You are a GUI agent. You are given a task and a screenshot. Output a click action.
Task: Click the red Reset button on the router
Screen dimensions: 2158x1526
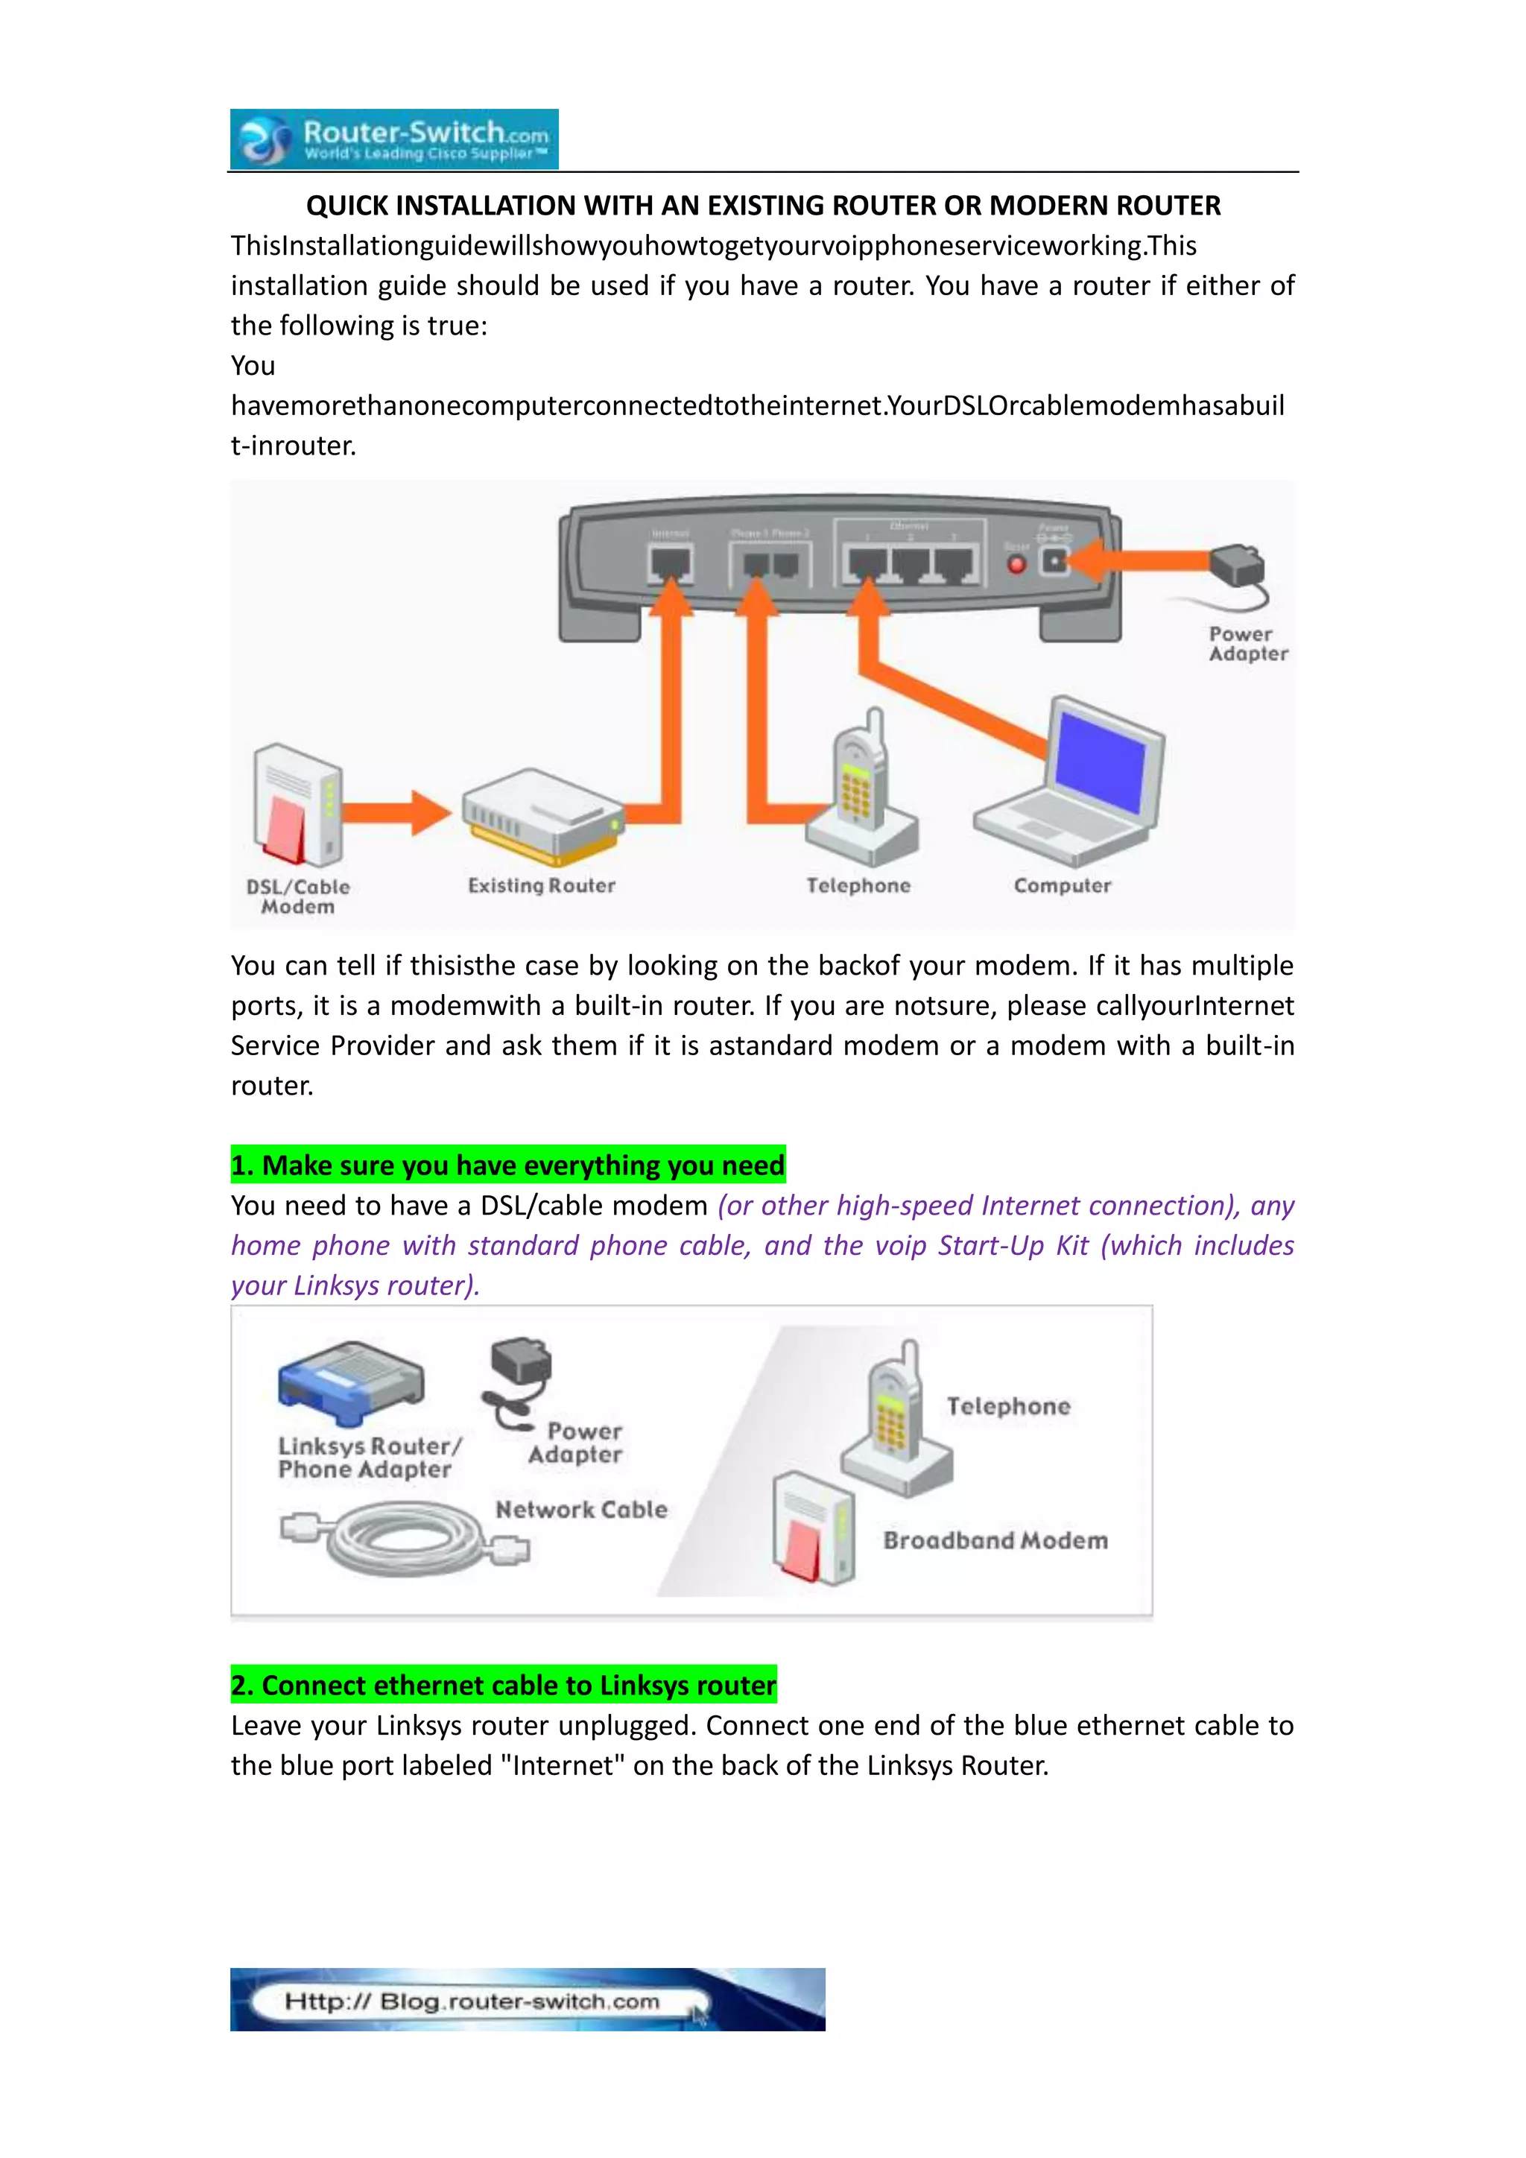(x=1016, y=564)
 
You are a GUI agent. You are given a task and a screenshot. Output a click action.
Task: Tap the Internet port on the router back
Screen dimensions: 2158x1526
(x=670, y=563)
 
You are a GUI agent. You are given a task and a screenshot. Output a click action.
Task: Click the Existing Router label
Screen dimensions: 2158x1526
(x=541, y=885)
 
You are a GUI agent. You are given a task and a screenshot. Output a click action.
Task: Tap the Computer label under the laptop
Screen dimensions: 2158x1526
(x=1062, y=885)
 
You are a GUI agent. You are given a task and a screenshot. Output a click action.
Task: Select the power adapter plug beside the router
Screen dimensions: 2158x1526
(x=1238, y=568)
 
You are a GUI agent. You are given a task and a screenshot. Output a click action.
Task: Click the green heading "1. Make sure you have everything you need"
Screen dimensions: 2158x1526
(x=507, y=1165)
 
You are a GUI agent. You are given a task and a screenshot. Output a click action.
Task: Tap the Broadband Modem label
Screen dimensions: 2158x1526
(x=995, y=1540)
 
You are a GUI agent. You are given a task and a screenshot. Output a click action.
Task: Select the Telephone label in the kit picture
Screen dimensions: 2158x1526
(x=1008, y=1406)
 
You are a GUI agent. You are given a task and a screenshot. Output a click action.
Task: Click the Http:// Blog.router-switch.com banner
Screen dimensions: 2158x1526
(x=526, y=1999)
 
